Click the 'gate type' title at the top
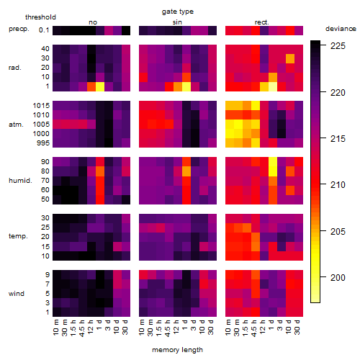pyautogui.click(x=178, y=12)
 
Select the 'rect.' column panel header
pyautogui.click(x=262, y=22)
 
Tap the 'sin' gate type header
pyautogui.click(x=177, y=22)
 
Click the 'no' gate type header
pyautogui.click(x=93, y=22)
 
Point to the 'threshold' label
pyautogui.click(x=40, y=17)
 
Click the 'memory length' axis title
pyautogui.click(x=177, y=350)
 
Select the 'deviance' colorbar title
pyautogui.click(x=341, y=29)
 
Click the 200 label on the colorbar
pyautogui.click(x=338, y=278)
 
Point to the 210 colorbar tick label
pyautogui.click(x=338, y=185)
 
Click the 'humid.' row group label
pyautogui.click(x=20, y=181)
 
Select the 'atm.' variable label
pyautogui.click(x=16, y=125)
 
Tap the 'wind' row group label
pyautogui.click(x=17, y=294)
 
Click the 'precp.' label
pyautogui.click(x=19, y=29)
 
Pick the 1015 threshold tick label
pyautogui.click(x=41, y=106)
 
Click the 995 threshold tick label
pyautogui.click(x=43, y=143)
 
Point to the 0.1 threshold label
pyautogui.click(x=44, y=30)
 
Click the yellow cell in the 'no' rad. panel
pyautogui.click(x=100, y=86)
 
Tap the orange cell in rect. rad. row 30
pyautogui.click(x=290, y=58)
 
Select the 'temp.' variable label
pyautogui.click(x=18, y=236)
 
